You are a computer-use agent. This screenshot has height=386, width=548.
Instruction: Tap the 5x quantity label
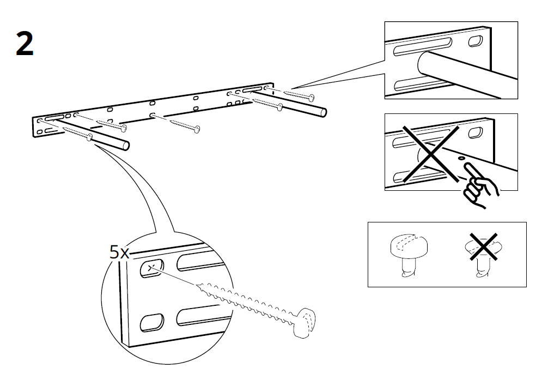pos(119,252)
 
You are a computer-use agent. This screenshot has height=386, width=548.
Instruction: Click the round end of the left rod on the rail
pos(126,146)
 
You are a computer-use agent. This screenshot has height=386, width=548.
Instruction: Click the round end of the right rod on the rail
pos(324,113)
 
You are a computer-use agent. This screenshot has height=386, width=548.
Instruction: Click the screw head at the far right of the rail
pos(312,98)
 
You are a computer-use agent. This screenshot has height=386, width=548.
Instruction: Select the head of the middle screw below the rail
pos(197,129)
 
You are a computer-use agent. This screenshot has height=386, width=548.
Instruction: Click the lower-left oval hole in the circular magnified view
pos(152,322)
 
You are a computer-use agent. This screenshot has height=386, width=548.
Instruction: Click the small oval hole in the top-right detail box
pos(476,40)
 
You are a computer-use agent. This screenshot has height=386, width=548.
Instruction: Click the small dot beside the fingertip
pos(462,158)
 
